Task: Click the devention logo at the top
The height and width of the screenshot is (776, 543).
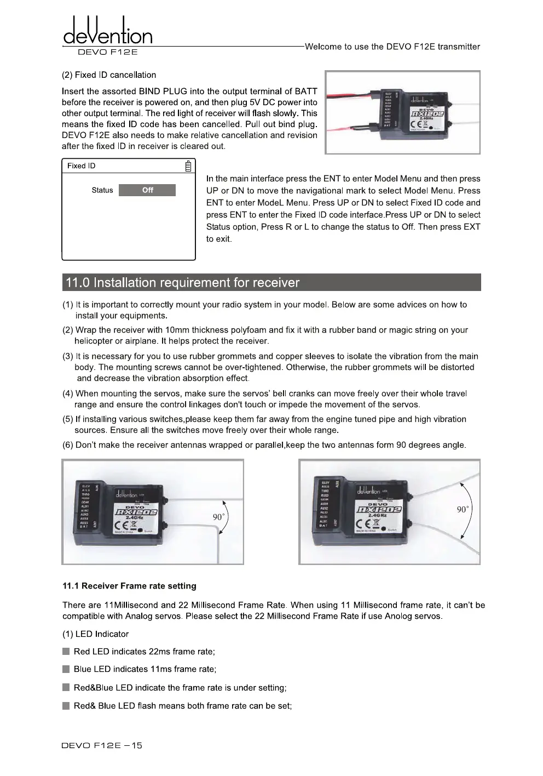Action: point(108,31)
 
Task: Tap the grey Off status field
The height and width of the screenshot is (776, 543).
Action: point(147,190)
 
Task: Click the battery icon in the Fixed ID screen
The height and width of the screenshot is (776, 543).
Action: point(188,166)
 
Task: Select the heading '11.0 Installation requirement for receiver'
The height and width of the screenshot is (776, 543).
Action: point(182,283)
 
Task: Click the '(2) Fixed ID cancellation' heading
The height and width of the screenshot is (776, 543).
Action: point(109,75)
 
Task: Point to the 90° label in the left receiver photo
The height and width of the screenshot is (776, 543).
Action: point(218,517)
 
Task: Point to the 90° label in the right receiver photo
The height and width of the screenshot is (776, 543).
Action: point(463,510)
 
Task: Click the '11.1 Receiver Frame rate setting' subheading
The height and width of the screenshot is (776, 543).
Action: point(129,586)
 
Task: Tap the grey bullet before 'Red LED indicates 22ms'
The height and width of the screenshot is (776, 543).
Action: point(66,652)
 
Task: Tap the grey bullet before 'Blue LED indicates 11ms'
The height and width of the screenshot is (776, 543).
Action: point(66,669)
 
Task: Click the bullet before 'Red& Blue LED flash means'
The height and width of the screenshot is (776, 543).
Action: point(66,706)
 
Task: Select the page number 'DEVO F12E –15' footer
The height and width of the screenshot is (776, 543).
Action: point(102,745)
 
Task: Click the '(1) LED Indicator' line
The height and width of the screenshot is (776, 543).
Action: point(96,634)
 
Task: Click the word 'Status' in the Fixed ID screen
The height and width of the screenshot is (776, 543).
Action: point(102,190)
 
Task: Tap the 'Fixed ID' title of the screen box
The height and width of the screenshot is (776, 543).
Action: point(81,166)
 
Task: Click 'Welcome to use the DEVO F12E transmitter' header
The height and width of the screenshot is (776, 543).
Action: point(392,47)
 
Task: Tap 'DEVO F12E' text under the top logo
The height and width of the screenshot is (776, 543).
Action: point(108,53)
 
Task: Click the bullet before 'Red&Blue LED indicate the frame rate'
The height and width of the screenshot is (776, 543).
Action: point(66,688)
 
